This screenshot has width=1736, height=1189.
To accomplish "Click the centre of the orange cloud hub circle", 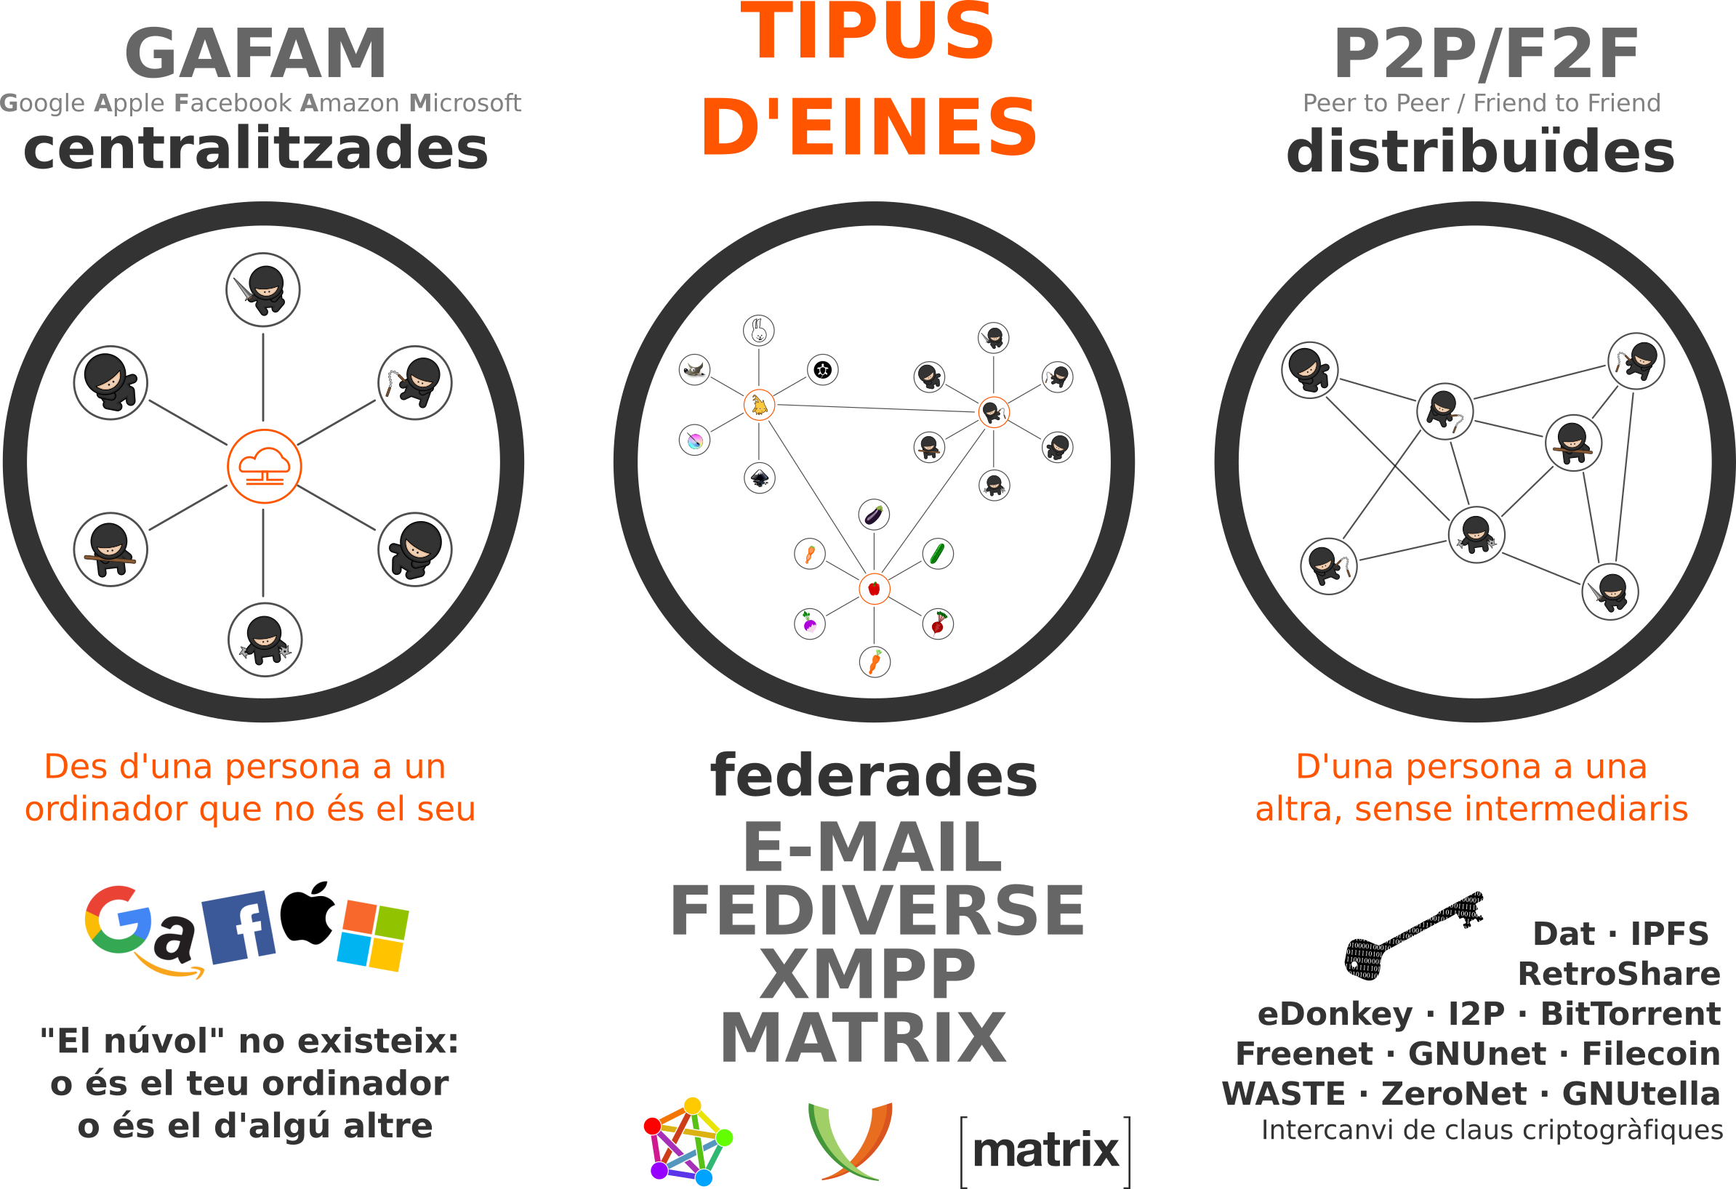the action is (x=265, y=466).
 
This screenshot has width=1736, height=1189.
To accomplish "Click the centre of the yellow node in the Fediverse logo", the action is (x=693, y=1105).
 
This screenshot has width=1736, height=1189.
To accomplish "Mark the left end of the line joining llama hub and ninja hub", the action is (x=776, y=405).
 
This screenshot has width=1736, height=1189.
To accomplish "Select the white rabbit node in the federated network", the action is (x=759, y=330).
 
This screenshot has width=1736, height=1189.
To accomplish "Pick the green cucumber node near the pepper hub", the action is (x=938, y=553).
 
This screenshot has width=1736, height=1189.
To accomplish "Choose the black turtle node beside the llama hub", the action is (x=822, y=370).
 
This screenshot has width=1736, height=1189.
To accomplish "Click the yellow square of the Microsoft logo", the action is (x=386, y=954).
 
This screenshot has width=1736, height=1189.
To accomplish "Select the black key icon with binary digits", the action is (x=1414, y=935).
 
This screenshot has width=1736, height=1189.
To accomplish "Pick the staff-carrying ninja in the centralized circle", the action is (x=110, y=549).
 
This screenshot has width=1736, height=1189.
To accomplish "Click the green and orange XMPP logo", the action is (x=850, y=1140).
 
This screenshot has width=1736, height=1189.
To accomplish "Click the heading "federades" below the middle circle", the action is (x=873, y=775).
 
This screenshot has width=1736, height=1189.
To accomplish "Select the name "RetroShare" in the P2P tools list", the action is (x=1619, y=974).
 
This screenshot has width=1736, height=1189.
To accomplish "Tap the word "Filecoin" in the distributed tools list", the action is (x=1651, y=1054).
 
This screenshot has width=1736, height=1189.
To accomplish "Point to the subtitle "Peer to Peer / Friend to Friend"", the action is (x=1482, y=103).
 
